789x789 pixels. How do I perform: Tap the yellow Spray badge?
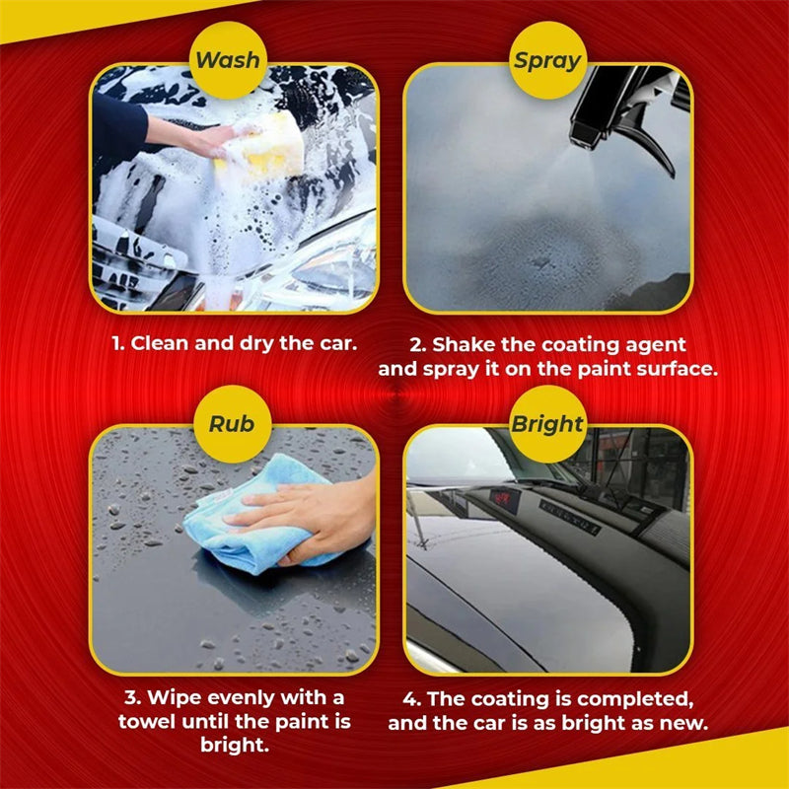click(546, 60)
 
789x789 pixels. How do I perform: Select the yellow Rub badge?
click(231, 425)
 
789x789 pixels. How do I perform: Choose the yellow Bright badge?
click(547, 425)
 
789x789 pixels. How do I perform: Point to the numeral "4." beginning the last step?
click(413, 699)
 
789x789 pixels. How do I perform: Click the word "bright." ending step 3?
click(233, 745)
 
